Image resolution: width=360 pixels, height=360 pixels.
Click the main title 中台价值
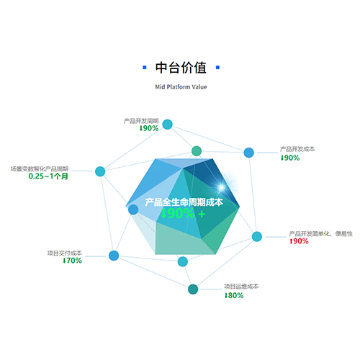(181, 68)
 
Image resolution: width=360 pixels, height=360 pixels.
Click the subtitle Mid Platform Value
(181, 87)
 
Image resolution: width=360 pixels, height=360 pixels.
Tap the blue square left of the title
(145, 68)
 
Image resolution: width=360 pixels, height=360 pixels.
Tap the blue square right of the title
(217, 68)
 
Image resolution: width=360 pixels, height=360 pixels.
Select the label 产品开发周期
(141, 121)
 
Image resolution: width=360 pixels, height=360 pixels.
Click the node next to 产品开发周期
(168, 125)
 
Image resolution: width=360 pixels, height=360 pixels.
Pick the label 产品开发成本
(297, 149)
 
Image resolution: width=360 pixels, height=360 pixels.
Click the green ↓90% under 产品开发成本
(290, 158)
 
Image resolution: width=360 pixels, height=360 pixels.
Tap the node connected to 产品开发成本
(249, 153)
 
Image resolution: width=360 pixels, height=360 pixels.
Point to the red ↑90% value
(299, 241)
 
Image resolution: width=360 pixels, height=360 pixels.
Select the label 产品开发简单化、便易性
(320, 233)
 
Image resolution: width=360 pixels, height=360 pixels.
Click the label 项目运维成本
(241, 287)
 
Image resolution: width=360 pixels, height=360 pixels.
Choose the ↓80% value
(234, 295)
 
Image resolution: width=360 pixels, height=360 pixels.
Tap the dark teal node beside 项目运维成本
(193, 289)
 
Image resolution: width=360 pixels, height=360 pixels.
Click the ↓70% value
(72, 261)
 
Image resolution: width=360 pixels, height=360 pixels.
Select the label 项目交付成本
(65, 253)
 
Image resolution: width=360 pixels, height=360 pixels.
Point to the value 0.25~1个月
(48, 176)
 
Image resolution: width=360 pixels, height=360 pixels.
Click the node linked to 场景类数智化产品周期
(100, 171)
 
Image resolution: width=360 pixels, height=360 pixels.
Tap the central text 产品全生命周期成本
(184, 202)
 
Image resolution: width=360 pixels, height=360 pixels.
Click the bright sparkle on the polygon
(222, 187)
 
